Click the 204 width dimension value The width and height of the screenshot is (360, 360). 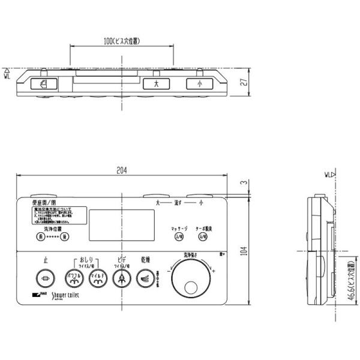click(122, 170)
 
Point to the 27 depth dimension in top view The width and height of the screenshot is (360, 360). click(243, 83)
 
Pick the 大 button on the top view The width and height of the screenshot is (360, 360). click(157, 85)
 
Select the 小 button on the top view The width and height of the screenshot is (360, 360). click(199, 85)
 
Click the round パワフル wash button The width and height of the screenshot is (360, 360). click(73, 278)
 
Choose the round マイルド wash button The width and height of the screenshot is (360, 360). click(96, 278)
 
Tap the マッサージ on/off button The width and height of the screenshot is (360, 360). click(178, 237)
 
